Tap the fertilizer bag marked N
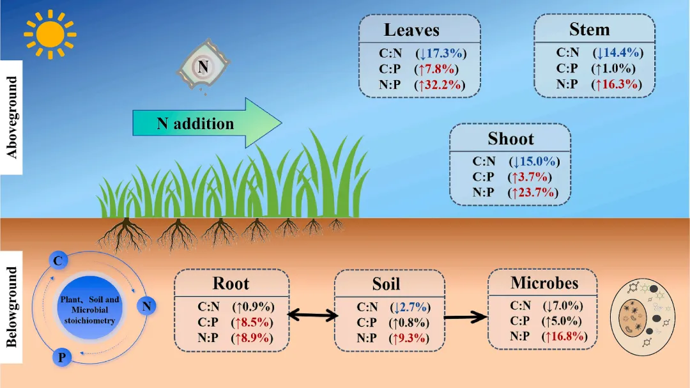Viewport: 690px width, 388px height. click(x=202, y=64)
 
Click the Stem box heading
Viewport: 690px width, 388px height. click(x=589, y=29)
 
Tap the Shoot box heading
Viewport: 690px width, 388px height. click(x=510, y=139)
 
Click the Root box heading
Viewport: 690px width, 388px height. click(x=231, y=284)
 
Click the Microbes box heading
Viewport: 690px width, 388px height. click(x=544, y=283)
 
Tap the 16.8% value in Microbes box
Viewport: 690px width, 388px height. click(x=564, y=337)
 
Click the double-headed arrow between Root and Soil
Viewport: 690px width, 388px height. click(x=312, y=314)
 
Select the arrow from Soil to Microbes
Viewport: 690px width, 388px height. click(x=465, y=315)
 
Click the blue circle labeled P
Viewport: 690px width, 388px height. click(x=61, y=357)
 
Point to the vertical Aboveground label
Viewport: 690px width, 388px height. click(x=11, y=117)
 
